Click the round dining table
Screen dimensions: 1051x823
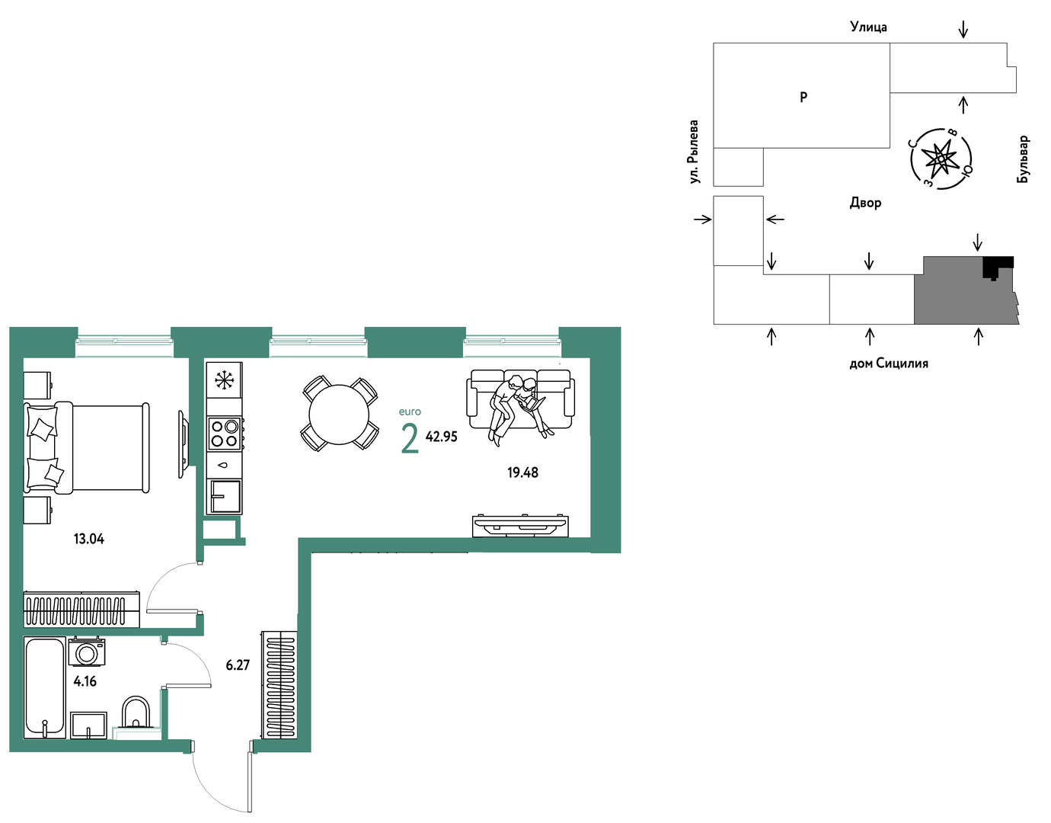pyautogui.click(x=339, y=415)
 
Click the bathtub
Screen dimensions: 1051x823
pyautogui.click(x=44, y=687)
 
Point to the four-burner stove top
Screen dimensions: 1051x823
pyautogui.click(x=225, y=434)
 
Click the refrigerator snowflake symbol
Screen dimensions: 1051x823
pyautogui.click(x=224, y=379)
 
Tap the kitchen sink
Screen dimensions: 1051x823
pyautogui.click(x=225, y=496)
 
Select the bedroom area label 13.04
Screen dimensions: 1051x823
pyautogui.click(x=88, y=539)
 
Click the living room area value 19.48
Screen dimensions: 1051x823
pyautogui.click(x=522, y=472)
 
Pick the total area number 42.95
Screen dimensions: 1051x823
pyautogui.click(x=441, y=437)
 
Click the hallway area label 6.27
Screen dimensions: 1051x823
pyautogui.click(x=238, y=665)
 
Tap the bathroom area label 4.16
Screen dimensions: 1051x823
pyautogui.click(x=85, y=682)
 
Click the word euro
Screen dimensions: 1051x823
pyautogui.click(x=410, y=411)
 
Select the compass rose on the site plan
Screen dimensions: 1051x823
pyautogui.click(x=941, y=159)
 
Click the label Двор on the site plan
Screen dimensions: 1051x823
pyautogui.click(x=865, y=202)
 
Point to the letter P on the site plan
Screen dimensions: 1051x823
pyautogui.click(x=803, y=98)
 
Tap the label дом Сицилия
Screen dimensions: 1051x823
pyautogui.click(x=889, y=363)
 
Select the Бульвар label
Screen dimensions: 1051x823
pyautogui.click(x=1023, y=159)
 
